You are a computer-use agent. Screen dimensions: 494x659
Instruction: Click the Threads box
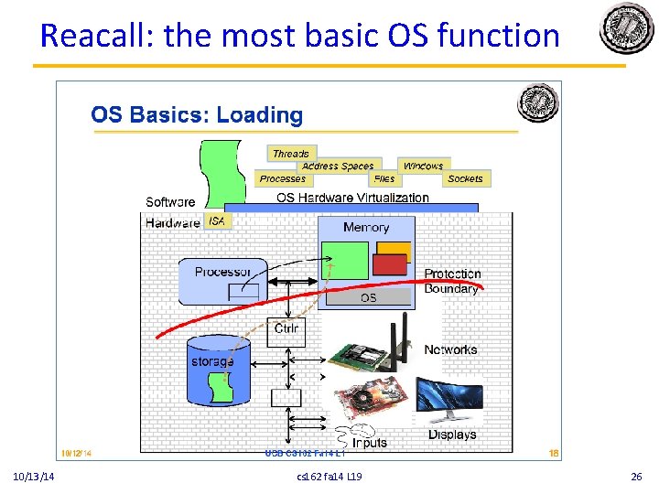[290, 154]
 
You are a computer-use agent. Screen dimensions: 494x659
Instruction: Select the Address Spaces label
[338, 166]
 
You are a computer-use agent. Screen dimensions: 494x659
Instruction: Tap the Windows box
[423, 166]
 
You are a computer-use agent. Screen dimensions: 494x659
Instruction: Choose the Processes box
[282, 179]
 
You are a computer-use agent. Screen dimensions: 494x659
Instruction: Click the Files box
[384, 179]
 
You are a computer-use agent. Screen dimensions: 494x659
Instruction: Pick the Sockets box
[465, 179]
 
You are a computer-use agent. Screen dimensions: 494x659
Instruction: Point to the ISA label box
[217, 221]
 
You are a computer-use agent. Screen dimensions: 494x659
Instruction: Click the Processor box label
[222, 272]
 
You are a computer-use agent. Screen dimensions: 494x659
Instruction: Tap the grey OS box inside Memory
[368, 297]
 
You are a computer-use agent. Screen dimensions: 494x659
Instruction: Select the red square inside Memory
[389, 264]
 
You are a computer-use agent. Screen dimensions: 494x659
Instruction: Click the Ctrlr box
[286, 329]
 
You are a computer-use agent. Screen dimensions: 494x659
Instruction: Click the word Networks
[450, 349]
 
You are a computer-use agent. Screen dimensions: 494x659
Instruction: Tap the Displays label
[452, 435]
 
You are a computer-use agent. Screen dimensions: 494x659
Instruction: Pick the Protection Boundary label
[452, 281]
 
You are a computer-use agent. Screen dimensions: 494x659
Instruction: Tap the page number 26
[637, 477]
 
